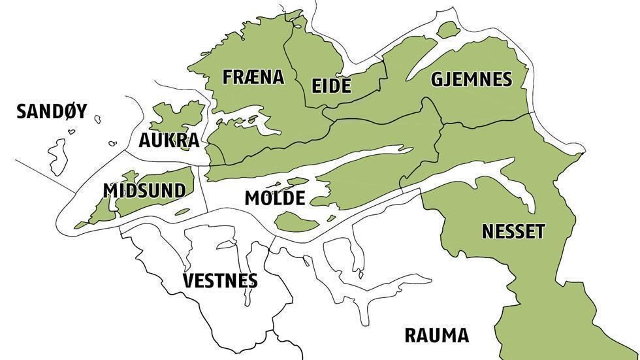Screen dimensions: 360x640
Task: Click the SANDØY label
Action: [52, 112]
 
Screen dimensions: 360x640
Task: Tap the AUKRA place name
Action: [168, 141]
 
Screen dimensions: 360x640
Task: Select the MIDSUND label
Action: [144, 190]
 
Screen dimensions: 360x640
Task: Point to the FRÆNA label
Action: [253, 77]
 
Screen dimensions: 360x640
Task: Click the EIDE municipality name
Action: [331, 86]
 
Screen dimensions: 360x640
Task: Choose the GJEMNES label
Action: [471, 80]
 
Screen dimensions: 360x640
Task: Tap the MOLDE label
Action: [275, 199]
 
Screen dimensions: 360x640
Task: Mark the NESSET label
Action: [513, 231]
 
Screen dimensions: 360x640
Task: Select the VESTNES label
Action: [220, 281]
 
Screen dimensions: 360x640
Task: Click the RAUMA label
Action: [436, 336]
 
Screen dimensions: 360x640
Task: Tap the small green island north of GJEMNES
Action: [448, 29]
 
